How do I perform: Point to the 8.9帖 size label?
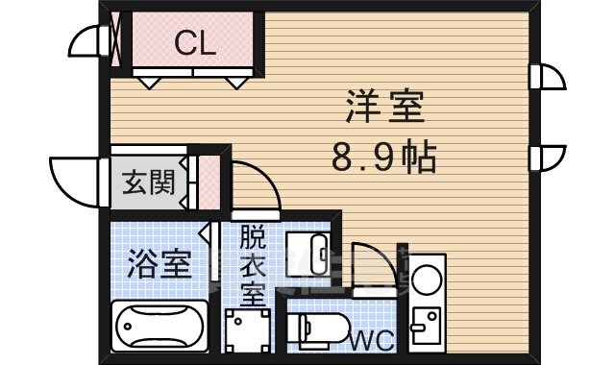coord(384,156)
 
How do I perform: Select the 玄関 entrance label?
coord(148,182)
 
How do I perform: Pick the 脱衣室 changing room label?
coord(252,264)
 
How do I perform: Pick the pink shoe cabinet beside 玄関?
coord(206,182)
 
